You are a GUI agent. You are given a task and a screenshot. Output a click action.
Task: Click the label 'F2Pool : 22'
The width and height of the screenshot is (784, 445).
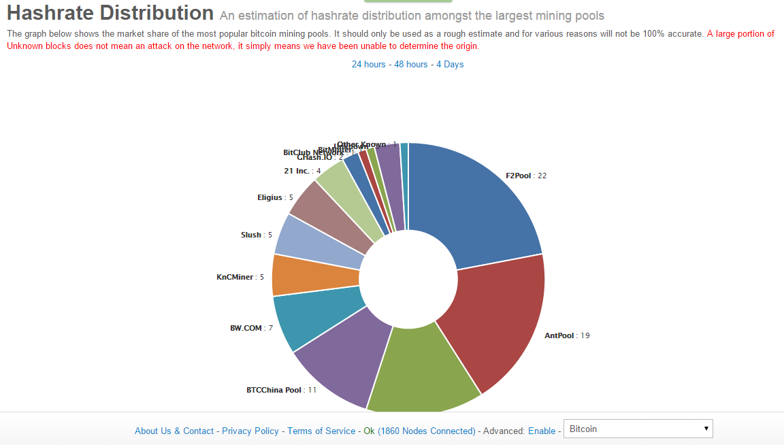[526, 176]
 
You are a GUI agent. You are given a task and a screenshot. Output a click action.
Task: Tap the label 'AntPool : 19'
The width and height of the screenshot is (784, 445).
[567, 335]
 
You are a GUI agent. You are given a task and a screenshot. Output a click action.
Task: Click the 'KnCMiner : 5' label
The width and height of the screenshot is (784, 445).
[240, 277]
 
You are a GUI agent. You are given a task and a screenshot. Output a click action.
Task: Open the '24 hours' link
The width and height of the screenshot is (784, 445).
[368, 64]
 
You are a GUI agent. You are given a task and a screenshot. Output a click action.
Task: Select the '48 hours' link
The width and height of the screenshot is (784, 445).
[411, 64]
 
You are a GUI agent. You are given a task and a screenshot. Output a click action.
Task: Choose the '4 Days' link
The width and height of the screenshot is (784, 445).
[450, 64]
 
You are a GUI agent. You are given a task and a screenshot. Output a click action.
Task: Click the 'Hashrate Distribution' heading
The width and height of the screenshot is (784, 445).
[110, 13]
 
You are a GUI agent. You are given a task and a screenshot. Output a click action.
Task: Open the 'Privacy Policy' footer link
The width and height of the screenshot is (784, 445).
[250, 431]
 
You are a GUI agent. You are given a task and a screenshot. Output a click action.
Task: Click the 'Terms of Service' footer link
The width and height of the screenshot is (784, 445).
[321, 431]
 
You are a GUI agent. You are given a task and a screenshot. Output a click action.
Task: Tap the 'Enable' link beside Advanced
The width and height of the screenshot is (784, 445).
[542, 431]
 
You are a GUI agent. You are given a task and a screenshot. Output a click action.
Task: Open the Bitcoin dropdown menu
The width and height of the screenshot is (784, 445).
[638, 429]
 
